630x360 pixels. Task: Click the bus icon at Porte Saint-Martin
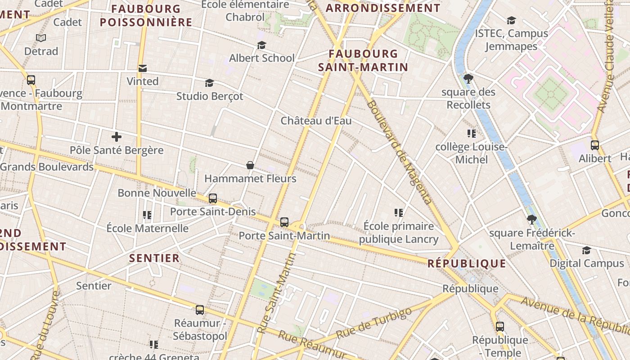click(x=284, y=222)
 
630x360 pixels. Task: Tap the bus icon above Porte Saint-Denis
click(x=213, y=198)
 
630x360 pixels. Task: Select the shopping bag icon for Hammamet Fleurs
click(x=250, y=166)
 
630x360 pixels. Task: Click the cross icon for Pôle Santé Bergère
click(x=117, y=137)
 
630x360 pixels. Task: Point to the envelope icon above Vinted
click(x=143, y=68)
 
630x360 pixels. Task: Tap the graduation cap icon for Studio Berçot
click(x=209, y=83)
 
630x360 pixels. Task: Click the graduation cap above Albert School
click(x=261, y=45)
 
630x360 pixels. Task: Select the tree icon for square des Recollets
click(x=468, y=79)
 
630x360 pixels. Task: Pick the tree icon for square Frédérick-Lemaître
click(x=532, y=220)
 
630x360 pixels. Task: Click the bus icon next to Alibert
click(x=595, y=145)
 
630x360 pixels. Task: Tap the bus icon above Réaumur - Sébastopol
click(x=200, y=310)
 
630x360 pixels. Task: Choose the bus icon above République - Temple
click(x=500, y=327)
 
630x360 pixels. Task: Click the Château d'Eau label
click(x=316, y=121)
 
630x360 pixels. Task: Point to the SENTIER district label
click(x=154, y=258)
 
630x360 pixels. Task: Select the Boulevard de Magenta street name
click(x=400, y=152)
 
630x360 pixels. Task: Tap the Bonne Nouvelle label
click(x=157, y=193)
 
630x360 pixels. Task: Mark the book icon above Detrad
click(x=41, y=38)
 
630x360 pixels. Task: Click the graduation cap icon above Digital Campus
click(x=586, y=250)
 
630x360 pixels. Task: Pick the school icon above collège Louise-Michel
click(x=471, y=134)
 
